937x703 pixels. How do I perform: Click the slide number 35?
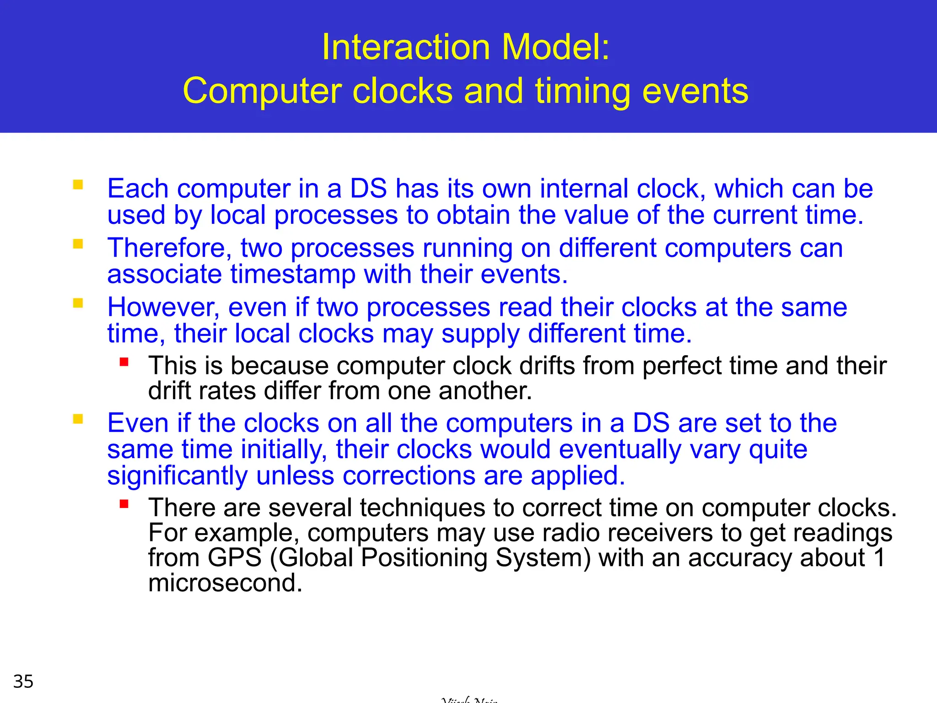[23, 681]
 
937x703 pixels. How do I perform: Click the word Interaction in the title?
[406, 47]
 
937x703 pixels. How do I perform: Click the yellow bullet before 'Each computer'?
[78, 185]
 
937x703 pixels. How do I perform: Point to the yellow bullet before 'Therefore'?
[78, 244]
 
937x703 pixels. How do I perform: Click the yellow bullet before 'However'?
[78, 303]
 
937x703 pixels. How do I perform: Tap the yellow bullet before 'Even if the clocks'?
[78, 419]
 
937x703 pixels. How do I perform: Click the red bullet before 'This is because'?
[124, 362]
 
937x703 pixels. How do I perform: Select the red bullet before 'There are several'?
[124, 504]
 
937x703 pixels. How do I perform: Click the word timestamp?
[293, 275]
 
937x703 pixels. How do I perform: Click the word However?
[163, 307]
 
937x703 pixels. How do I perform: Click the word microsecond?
[225, 583]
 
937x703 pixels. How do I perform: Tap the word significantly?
[177, 476]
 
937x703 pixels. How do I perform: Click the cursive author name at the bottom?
[469, 699]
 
